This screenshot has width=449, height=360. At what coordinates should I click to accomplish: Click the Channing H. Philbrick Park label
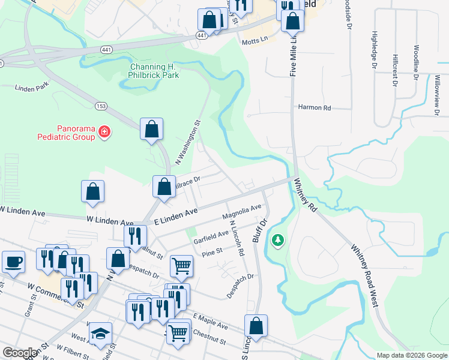(154, 71)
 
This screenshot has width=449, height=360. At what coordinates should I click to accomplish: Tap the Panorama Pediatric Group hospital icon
(104, 131)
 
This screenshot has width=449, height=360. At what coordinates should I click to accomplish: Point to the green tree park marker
(277, 241)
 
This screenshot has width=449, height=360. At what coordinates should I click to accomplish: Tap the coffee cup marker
(14, 262)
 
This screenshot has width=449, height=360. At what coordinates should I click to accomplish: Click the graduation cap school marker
(101, 334)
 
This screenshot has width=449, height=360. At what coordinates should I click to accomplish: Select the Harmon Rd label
(315, 108)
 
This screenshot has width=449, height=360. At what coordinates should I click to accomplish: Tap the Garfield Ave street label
(211, 237)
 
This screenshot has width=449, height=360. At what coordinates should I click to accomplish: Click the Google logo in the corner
(20, 353)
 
